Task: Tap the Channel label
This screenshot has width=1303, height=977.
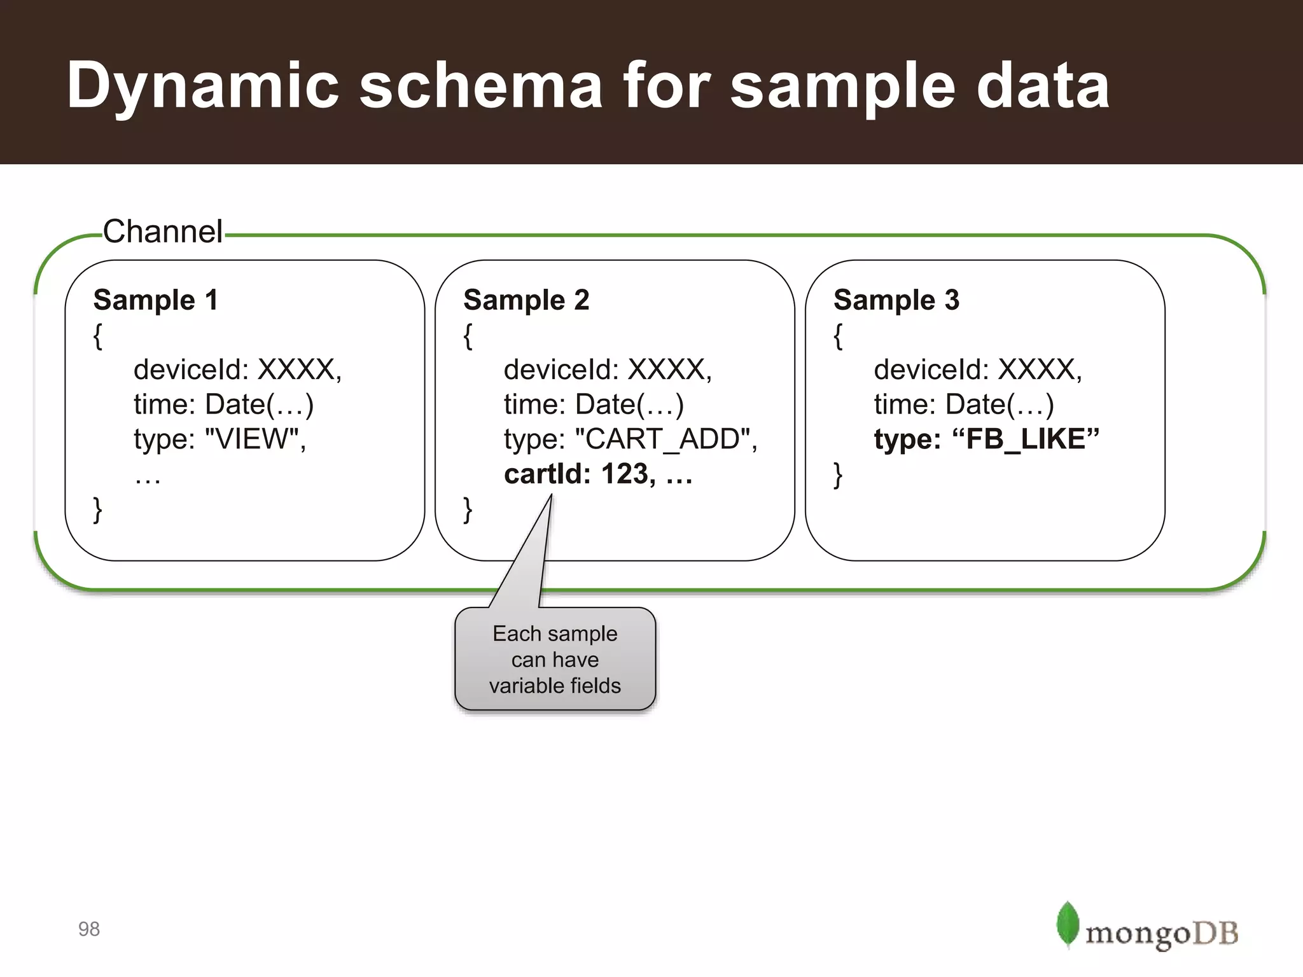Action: tap(163, 232)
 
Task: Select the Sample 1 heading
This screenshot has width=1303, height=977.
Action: tap(156, 300)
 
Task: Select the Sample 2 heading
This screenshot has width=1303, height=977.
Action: tap(526, 300)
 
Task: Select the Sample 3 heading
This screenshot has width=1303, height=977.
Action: tap(896, 300)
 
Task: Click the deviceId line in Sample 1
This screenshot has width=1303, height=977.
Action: tap(237, 370)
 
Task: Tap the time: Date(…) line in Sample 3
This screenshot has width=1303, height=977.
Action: tap(963, 405)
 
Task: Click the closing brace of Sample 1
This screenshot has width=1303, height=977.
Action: tap(97, 509)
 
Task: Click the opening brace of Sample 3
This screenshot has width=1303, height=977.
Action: tap(838, 336)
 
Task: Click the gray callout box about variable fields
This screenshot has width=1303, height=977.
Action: tap(555, 659)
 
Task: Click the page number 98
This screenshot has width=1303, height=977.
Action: tap(89, 929)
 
